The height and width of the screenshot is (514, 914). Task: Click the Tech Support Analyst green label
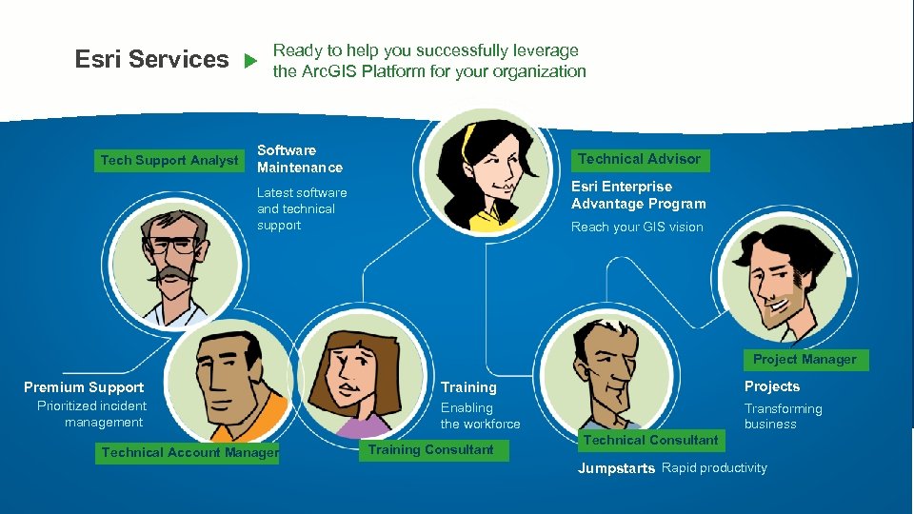click(169, 160)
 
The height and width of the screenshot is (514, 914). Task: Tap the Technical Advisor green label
click(639, 159)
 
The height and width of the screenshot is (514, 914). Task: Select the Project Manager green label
click(805, 360)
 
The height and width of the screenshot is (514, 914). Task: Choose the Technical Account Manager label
click(189, 453)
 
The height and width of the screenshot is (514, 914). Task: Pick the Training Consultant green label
click(430, 449)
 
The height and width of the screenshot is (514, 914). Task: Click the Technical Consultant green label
click(650, 440)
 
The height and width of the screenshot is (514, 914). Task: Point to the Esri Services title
click(152, 59)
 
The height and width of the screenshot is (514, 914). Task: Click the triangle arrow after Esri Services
click(249, 61)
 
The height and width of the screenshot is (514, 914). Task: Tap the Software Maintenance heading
click(299, 159)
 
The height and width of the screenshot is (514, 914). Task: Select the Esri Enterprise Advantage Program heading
click(638, 195)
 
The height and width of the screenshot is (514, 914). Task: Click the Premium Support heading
click(84, 387)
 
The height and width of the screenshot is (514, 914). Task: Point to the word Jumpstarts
click(616, 468)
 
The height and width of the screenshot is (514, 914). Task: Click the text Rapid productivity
click(714, 467)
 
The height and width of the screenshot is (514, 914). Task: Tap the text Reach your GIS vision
click(637, 227)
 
